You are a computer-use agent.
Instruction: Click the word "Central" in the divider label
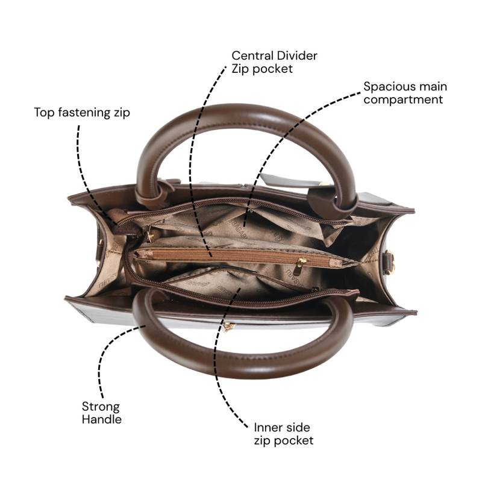[251, 55]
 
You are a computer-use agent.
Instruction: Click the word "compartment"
[403, 100]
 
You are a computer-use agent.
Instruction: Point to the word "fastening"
[84, 113]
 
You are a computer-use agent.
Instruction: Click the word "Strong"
[101, 407]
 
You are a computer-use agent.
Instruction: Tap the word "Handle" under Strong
[102, 419]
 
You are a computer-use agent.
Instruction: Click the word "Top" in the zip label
[44, 113]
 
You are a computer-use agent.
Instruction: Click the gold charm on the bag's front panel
[228, 327]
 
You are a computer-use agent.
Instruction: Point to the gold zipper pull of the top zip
[149, 234]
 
